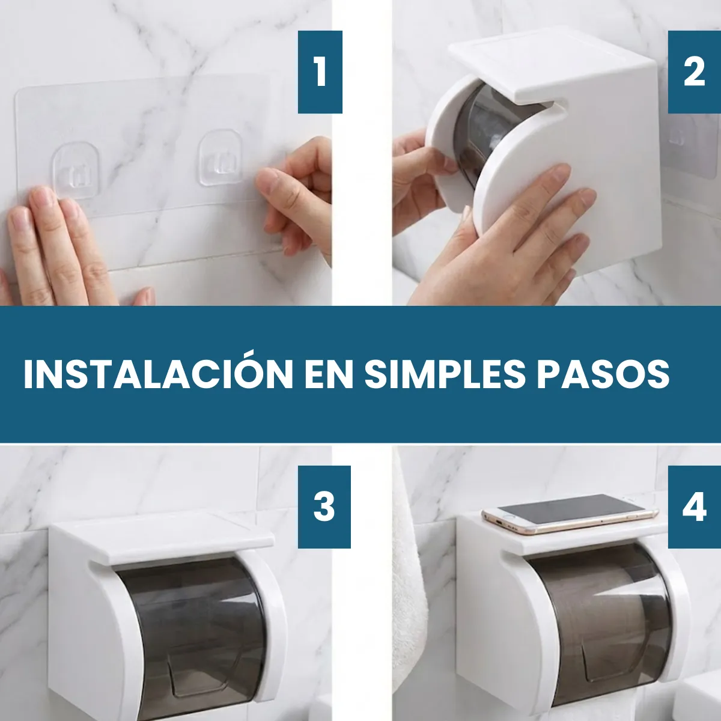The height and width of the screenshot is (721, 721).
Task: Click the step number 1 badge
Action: pyautogui.click(x=320, y=72)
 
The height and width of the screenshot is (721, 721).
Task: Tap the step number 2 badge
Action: pyautogui.click(x=694, y=72)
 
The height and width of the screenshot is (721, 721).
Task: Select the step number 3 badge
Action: pyautogui.click(x=324, y=507)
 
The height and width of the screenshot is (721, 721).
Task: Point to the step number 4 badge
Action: pyautogui.click(x=694, y=507)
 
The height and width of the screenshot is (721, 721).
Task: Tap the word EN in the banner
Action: pyautogui.click(x=329, y=374)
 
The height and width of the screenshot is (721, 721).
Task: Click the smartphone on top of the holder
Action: pyautogui.click(x=570, y=513)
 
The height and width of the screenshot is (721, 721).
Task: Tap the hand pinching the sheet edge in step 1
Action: pyautogui.click(x=296, y=195)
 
